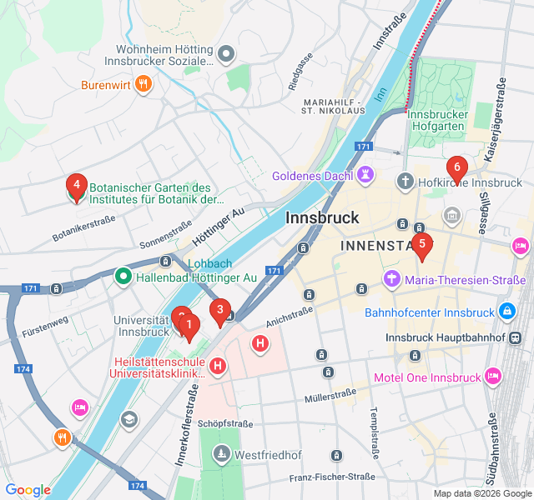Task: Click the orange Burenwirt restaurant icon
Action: [x=144, y=82]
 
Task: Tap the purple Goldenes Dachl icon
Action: [x=365, y=176]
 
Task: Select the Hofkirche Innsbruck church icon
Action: [x=405, y=182]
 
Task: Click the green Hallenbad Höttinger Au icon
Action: [x=123, y=276]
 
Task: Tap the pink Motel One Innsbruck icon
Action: [x=493, y=377]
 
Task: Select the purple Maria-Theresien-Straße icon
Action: [x=391, y=279]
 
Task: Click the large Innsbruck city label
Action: [x=322, y=217]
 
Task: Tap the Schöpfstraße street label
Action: [x=226, y=424]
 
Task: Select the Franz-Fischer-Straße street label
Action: [x=332, y=477]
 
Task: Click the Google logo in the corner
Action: [x=28, y=490]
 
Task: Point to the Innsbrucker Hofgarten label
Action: [x=447, y=122]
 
